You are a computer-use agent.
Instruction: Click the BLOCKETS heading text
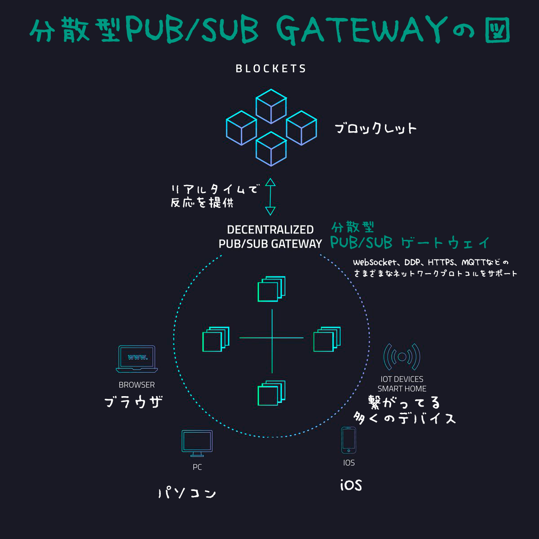pos(271,69)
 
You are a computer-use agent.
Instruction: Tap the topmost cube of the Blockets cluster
pos(271,106)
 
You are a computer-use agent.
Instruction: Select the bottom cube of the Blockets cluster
pos(271,149)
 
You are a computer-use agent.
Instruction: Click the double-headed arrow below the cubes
pos(270,197)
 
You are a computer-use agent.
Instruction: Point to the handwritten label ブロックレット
pos(376,129)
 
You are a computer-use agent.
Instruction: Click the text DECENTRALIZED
pos(270,230)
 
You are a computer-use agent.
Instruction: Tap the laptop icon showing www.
pos(137,359)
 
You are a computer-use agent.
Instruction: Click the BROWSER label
pos(137,385)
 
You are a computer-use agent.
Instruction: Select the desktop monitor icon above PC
pos(197,443)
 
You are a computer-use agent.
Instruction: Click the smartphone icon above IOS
pos(349,440)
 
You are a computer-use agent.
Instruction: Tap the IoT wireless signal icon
pos(402,357)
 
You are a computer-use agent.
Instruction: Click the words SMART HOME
pos(402,389)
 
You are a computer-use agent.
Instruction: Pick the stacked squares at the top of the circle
pos(271,289)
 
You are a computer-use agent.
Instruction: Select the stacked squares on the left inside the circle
pos(216,339)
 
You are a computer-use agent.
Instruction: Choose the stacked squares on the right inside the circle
pos(327,339)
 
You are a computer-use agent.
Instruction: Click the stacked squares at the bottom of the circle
pos(271,393)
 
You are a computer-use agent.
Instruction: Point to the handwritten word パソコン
pos(187,493)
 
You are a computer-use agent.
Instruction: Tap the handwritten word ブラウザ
pos(133,401)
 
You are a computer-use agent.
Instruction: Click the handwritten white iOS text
pos(351,485)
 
